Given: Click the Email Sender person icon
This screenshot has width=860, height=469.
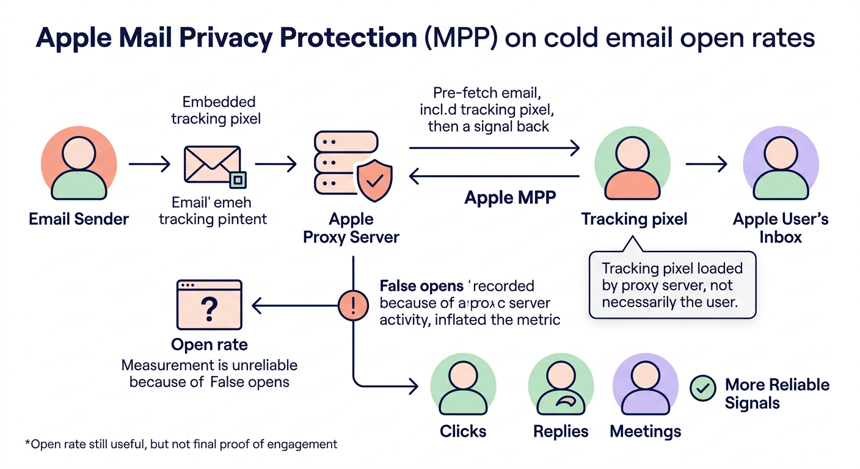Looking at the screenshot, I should pos(78,165).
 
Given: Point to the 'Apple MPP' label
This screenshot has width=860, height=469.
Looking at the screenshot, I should pos(511,198).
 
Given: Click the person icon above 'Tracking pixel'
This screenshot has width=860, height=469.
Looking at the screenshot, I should pos(633,165).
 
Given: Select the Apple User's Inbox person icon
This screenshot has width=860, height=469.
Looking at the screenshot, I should pos(780,165).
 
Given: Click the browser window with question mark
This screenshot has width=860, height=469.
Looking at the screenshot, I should pos(209,305).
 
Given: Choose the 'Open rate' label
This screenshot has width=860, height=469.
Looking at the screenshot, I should pos(209,344).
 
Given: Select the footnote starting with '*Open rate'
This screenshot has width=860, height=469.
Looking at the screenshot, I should pos(181,444).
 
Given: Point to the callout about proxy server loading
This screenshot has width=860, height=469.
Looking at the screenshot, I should pos(672,285).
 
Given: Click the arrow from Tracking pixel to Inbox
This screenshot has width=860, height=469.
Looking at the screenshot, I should pos(706,164).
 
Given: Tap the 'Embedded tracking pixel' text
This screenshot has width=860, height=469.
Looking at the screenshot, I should pos(216,110).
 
